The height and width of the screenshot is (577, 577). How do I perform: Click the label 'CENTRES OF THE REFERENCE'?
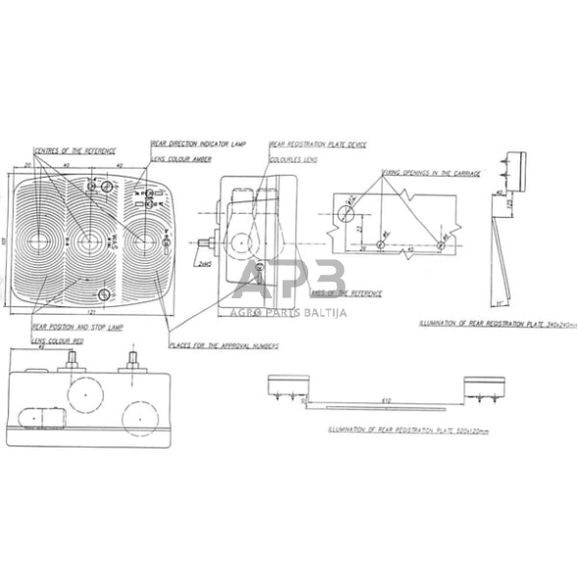coord(75,150)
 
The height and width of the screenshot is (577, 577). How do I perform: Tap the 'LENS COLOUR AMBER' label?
coord(180,157)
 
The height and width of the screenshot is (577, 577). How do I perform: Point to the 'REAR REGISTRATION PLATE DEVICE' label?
coord(318,144)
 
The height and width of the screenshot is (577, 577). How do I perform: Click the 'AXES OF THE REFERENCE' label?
coord(346,292)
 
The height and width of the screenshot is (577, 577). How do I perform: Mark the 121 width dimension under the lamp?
coord(90,313)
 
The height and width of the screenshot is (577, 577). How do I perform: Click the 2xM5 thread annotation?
coord(204,265)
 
